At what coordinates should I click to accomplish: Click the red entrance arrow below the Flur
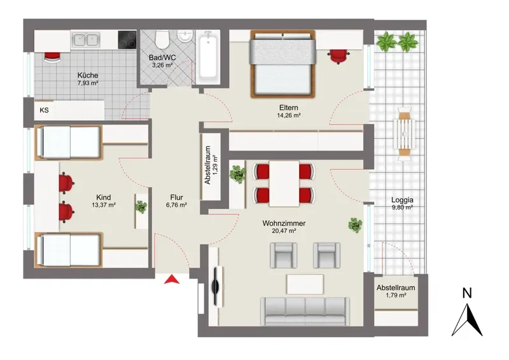(172, 279)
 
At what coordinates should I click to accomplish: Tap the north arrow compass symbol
(467, 320)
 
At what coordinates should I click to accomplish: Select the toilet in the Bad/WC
(162, 39)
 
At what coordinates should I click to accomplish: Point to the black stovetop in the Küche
(127, 39)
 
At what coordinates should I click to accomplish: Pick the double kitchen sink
(86, 40)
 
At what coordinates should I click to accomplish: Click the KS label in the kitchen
(44, 110)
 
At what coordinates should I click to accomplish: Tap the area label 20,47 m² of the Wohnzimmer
(284, 231)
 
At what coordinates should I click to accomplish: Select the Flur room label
(176, 197)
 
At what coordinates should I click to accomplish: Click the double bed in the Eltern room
(282, 64)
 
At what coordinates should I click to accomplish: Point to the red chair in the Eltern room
(338, 56)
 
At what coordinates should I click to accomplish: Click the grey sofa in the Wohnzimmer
(305, 311)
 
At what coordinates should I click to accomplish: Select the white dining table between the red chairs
(284, 184)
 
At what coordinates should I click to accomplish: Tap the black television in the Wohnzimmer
(215, 286)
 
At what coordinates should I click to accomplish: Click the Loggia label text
(402, 200)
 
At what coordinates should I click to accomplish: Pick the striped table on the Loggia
(405, 134)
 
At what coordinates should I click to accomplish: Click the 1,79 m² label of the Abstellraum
(396, 295)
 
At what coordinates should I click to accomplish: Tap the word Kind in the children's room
(104, 197)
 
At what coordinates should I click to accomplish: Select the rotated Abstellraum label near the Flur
(208, 165)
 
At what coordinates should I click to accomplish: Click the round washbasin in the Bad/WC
(185, 36)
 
